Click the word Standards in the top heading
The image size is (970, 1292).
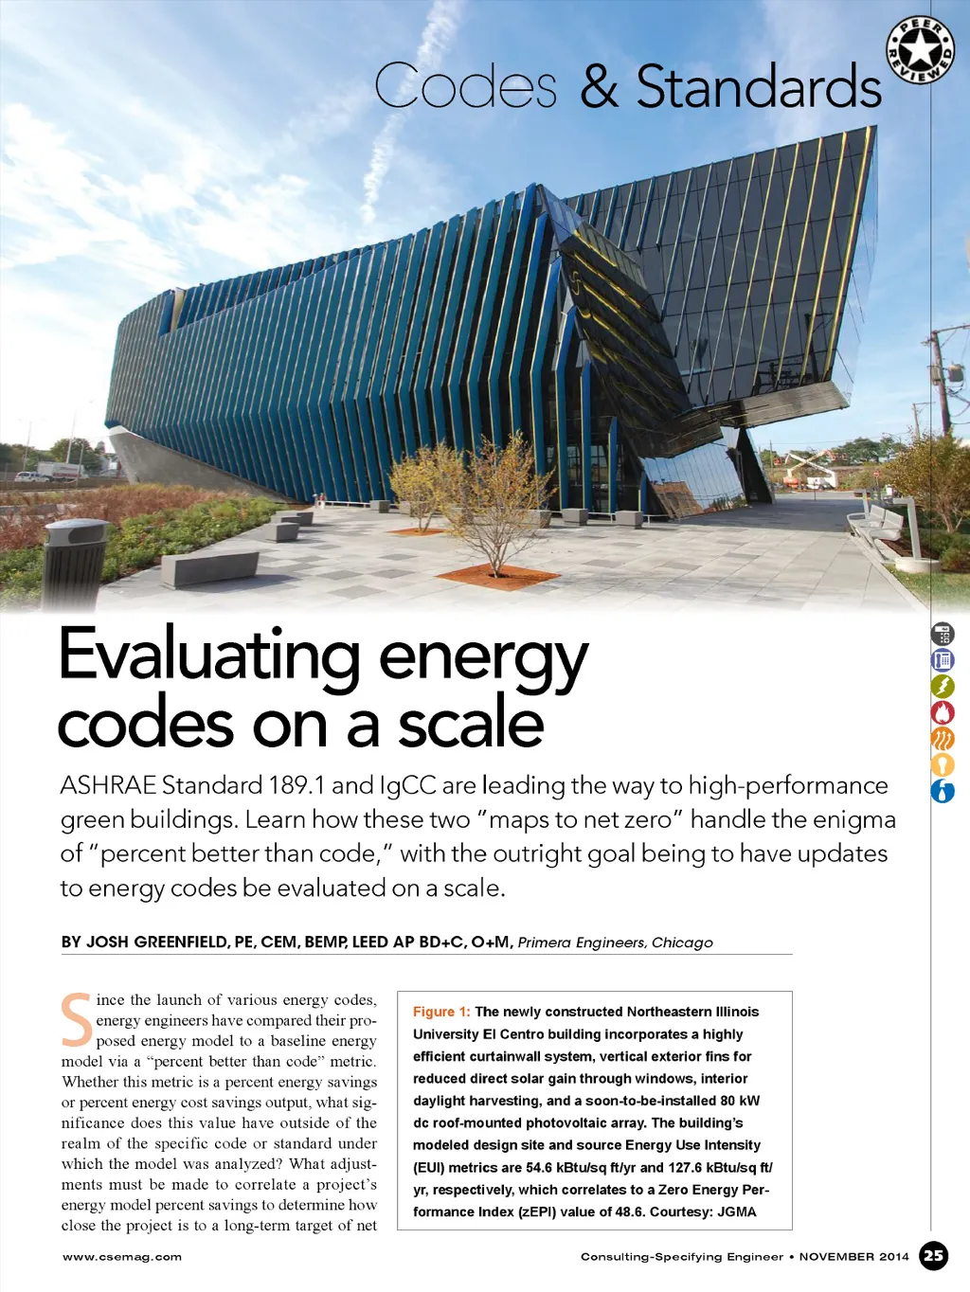point(759,88)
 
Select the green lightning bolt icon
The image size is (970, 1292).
point(943,687)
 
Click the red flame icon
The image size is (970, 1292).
point(943,712)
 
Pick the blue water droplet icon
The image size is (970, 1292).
point(943,791)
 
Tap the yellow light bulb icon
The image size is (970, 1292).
point(943,764)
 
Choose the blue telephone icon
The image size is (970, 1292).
point(943,660)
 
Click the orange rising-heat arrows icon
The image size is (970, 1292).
point(943,739)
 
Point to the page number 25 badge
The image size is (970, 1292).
point(934,1256)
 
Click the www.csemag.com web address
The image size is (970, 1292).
point(122,1257)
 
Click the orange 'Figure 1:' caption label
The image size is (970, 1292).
point(441,1012)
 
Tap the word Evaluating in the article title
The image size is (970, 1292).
point(209,655)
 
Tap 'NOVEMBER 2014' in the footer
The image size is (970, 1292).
point(853,1257)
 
